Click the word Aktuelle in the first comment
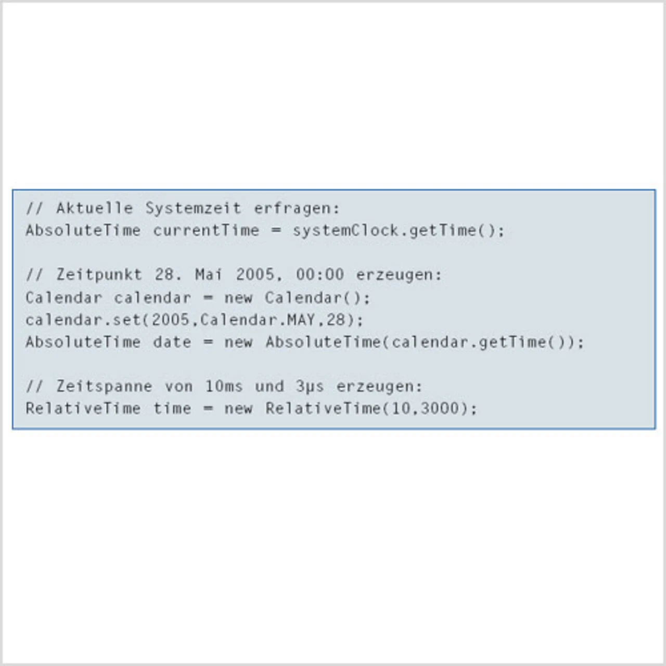(95, 208)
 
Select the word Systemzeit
(193, 208)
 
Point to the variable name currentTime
(206, 230)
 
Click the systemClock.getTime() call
(398, 230)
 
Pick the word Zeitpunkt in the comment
(99, 275)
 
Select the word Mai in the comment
(208, 275)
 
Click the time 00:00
(319, 275)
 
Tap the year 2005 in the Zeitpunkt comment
(255, 275)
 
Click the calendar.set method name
(83, 319)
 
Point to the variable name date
(172, 342)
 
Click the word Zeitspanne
(104, 387)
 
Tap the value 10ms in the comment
(224, 387)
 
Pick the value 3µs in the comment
(310, 387)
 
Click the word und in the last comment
(269, 387)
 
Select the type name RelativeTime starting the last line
(83, 408)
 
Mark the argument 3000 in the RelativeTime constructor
(441, 408)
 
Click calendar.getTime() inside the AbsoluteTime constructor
(481, 342)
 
